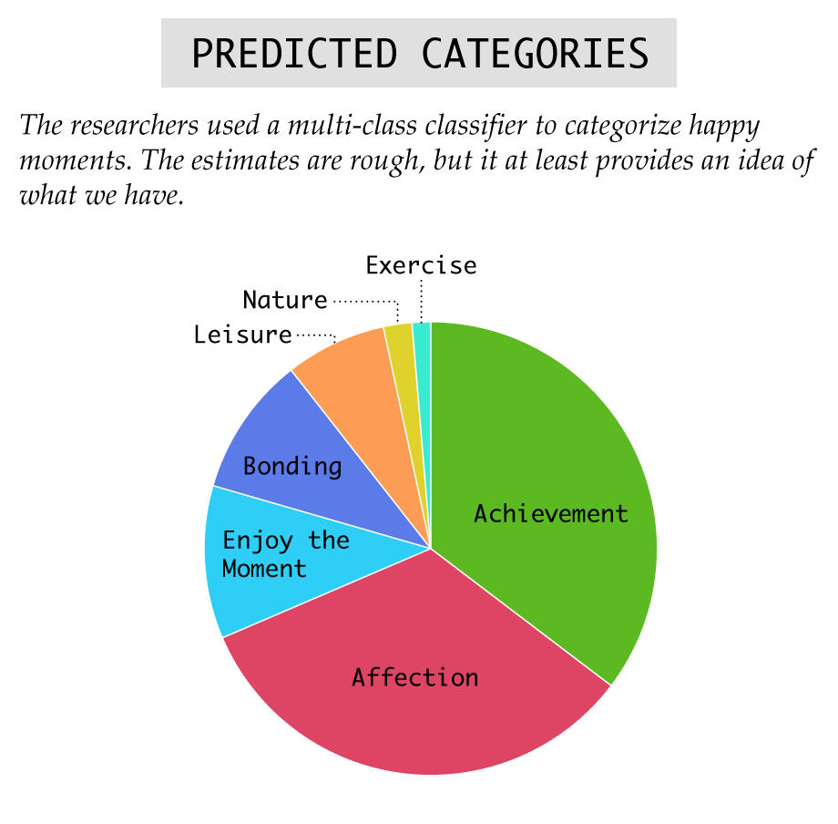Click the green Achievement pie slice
click(540, 481)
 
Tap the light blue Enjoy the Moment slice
click(267, 556)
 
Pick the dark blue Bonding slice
click(300, 460)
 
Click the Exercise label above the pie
click(421, 266)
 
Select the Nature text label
click(285, 300)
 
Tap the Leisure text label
click(242, 335)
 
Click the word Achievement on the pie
click(551, 514)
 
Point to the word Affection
click(415, 677)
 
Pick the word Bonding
click(292, 467)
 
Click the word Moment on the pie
click(264, 569)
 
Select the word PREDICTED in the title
click(294, 54)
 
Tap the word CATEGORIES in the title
click(535, 54)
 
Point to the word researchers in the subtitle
click(135, 126)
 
